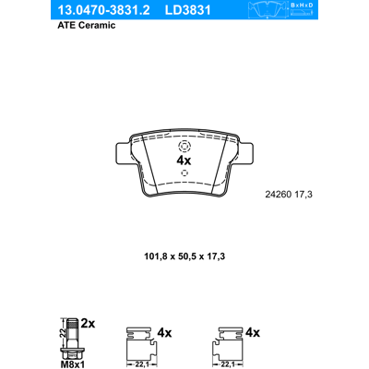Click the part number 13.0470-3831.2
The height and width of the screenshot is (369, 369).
(x=103, y=10)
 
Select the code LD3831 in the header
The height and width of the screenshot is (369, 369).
(x=187, y=10)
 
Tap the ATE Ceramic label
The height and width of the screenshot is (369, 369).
(x=87, y=25)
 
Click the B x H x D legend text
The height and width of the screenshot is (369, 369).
(x=302, y=6)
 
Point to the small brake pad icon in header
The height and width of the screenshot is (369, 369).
(x=267, y=9)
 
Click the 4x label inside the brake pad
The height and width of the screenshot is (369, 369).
(x=184, y=161)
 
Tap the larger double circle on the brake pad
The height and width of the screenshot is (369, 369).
(x=184, y=146)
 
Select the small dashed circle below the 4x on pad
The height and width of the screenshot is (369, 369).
(x=184, y=173)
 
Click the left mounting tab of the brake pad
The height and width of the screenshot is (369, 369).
(x=124, y=154)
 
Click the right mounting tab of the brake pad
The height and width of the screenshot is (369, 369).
(x=245, y=154)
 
